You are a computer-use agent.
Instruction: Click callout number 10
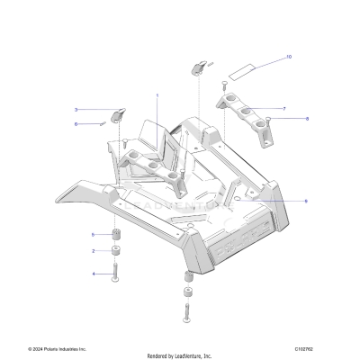point(289,57)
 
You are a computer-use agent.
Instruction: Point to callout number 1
point(157,94)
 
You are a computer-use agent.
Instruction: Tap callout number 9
point(281,201)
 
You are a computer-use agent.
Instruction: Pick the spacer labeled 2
point(117,252)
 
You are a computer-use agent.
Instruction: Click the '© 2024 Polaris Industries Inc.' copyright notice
point(57,348)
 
